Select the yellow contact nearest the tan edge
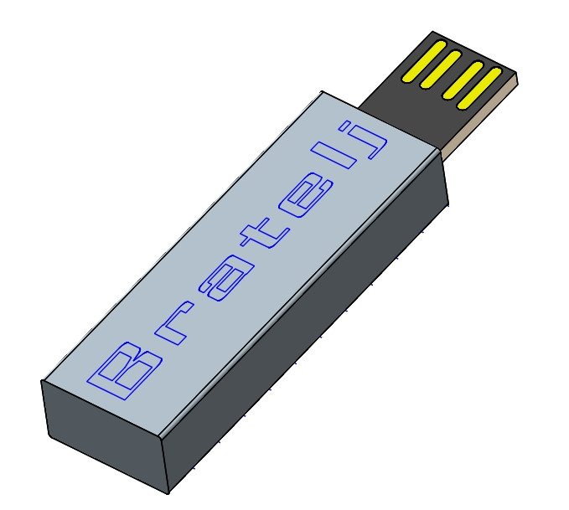click(480, 90)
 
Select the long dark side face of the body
click(310, 318)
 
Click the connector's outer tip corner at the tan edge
click(518, 83)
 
